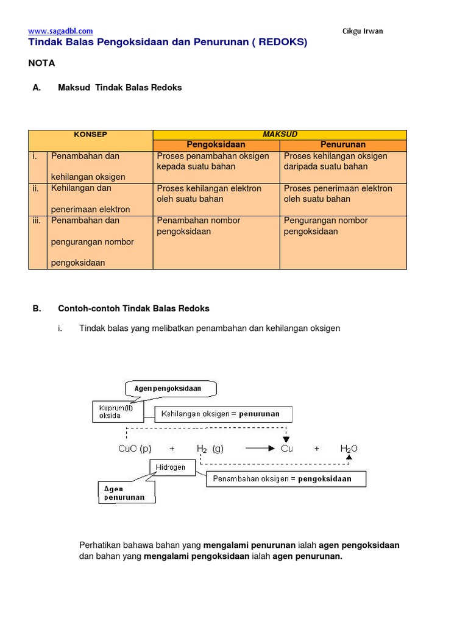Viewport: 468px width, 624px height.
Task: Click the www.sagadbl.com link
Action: click(x=60, y=31)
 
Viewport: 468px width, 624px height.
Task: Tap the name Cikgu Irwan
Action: click(x=362, y=31)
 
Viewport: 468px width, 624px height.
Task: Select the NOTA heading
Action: click(x=41, y=63)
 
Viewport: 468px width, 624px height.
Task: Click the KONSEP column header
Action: click(x=90, y=134)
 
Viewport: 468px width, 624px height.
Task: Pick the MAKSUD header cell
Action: click(x=279, y=134)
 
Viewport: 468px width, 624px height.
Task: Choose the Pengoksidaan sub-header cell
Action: click(x=216, y=145)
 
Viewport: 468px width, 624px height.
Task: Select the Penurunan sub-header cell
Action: click(x=342, y=145)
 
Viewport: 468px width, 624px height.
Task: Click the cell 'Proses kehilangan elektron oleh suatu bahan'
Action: click(x=209, y=194)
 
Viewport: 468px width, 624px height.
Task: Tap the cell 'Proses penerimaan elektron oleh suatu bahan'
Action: click(x=338, y=194)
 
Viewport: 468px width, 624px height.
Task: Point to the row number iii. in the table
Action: click(x=37, y=221)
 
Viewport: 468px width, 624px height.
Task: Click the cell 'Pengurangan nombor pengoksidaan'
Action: click(x=325, y=226)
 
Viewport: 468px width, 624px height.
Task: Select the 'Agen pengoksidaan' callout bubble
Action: click(x=171, y=388)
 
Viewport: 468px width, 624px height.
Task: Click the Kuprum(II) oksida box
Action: click(x=118, y=411)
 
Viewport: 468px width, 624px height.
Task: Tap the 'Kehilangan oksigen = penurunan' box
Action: click(x=223, y=414)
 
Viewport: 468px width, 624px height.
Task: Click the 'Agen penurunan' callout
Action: click(x=127, y=493)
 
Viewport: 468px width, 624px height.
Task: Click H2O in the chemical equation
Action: click(x=349, y=448)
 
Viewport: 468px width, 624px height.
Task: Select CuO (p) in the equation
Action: click(x=135, y=448)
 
